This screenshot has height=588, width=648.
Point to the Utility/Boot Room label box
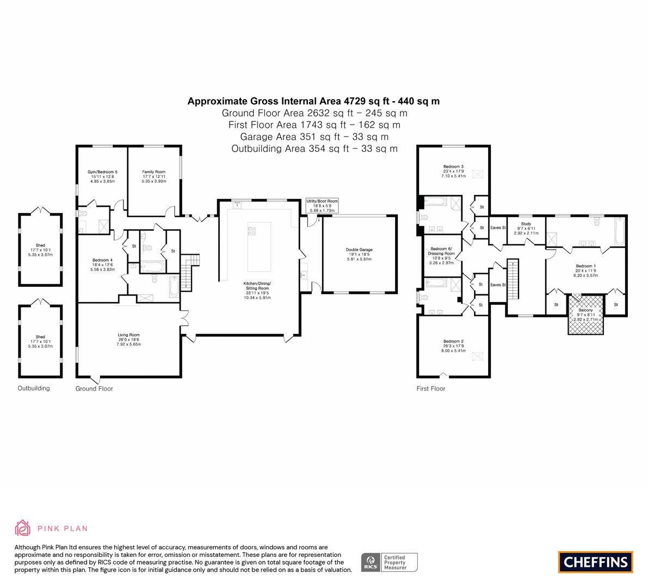tap(322, 205)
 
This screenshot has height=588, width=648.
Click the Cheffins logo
tap(596, 562)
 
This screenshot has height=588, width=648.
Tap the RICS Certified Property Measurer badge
tap(390, 562)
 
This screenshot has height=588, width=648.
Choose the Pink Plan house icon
tap(22, 528)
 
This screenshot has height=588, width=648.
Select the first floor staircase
tap(513, 279)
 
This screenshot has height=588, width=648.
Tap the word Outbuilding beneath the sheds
tap(34, 388)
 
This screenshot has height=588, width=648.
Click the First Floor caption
tap(430, 389)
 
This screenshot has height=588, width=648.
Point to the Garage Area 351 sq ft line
tap(314, 137)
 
